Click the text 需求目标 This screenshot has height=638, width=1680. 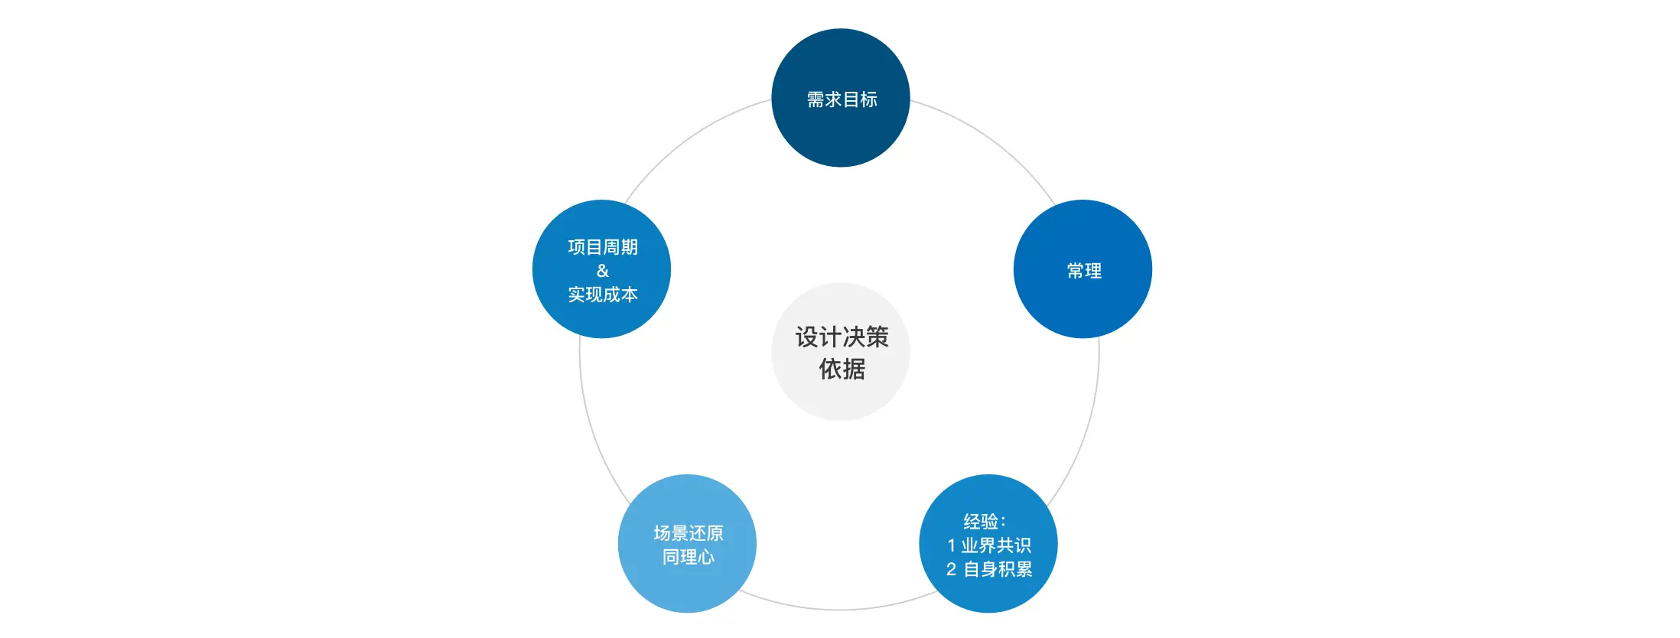(x=842, y=99)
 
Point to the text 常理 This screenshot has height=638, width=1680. (x=1084, y=271)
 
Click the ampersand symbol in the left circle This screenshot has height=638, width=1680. (x=603, y=271)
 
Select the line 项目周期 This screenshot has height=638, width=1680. (x=603, y=247)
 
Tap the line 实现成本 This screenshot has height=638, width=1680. (x=603, y=295)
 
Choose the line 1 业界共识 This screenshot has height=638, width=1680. (x=989, y=545)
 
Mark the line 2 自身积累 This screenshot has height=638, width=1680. (x=989, y=569)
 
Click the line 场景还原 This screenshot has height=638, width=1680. (x=689, y=533)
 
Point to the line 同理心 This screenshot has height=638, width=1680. (x=689, y=557)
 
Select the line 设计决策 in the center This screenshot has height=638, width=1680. (x=842, y=337)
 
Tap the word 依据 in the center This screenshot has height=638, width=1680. (x=842, y=369)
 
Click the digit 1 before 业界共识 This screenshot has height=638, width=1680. (x=951, y=545)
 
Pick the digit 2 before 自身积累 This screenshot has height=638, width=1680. (x=951, y=569)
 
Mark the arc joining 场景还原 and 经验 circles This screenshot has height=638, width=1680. (x=839, y=610)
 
